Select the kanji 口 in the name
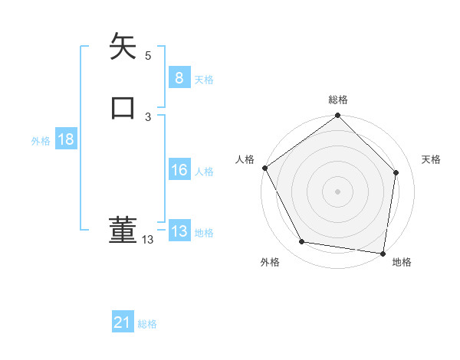point(123,106)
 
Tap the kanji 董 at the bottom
point(123,230)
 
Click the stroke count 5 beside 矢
point(148,56)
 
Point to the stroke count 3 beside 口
point(148,116)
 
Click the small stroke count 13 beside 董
point(148,240)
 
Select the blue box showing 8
point(179,78)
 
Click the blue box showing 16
point(179,170)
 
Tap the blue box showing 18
point(65,139)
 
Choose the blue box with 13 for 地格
point(179,231)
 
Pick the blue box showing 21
point(123,322)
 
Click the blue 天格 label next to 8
point(204,80)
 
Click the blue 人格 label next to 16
point(204,172)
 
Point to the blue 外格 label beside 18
point(41,141)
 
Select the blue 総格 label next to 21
point(147,324)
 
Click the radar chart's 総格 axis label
point(338,100)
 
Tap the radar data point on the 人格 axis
point(264,168)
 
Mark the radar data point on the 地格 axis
point(383,252)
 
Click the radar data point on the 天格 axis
point(396,172)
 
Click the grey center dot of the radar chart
point(337,191)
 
